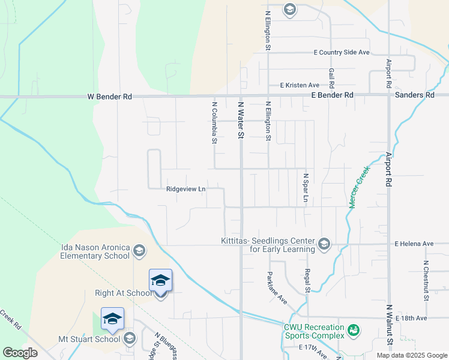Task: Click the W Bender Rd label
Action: point(109,96)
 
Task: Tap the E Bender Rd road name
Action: point(332,95)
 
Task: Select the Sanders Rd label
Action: point(414,95)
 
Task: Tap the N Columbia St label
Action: point(214,123)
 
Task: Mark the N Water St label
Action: point(241,120)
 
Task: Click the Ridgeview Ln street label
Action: point(186,188)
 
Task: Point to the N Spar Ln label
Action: point(306,188)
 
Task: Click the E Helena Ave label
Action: point(414,244)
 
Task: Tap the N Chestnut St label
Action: point(426,280)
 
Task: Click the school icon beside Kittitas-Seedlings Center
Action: point(324,243)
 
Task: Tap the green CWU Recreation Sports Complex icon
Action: point(354,330)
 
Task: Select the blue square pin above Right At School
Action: point(160,280)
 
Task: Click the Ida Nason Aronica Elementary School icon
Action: point(139,250)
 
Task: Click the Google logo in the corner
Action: point(20,353)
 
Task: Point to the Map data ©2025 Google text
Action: point(411,355)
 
